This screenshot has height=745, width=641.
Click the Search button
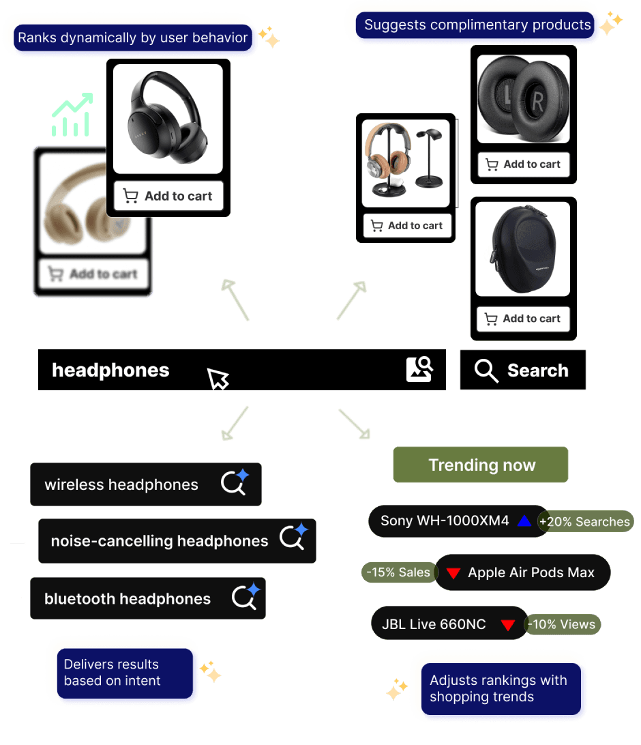click(522, 370)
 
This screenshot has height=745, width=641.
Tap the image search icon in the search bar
click(419, 369)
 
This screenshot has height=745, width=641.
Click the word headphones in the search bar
click(110, 370)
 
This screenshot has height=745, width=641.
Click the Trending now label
click(481, 465)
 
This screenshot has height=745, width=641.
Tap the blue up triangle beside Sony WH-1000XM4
click(524, 521)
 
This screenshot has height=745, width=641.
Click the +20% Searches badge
click(584, 522)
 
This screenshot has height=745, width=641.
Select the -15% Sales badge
click(398, 572)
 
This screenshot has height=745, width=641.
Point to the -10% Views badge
click(562, 624)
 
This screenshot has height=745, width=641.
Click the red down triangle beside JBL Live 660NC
click(507, 625)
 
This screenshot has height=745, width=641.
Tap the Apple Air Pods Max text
click(531, 572)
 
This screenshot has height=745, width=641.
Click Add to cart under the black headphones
click(168, 196)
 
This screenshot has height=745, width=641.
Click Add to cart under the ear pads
click(523, 164)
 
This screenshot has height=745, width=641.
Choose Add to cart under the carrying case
click(523, 319)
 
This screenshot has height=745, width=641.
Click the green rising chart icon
click(72, 115)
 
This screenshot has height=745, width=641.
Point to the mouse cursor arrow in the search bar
click(218, 378)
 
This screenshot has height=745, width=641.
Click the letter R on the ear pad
click(537, 103)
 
